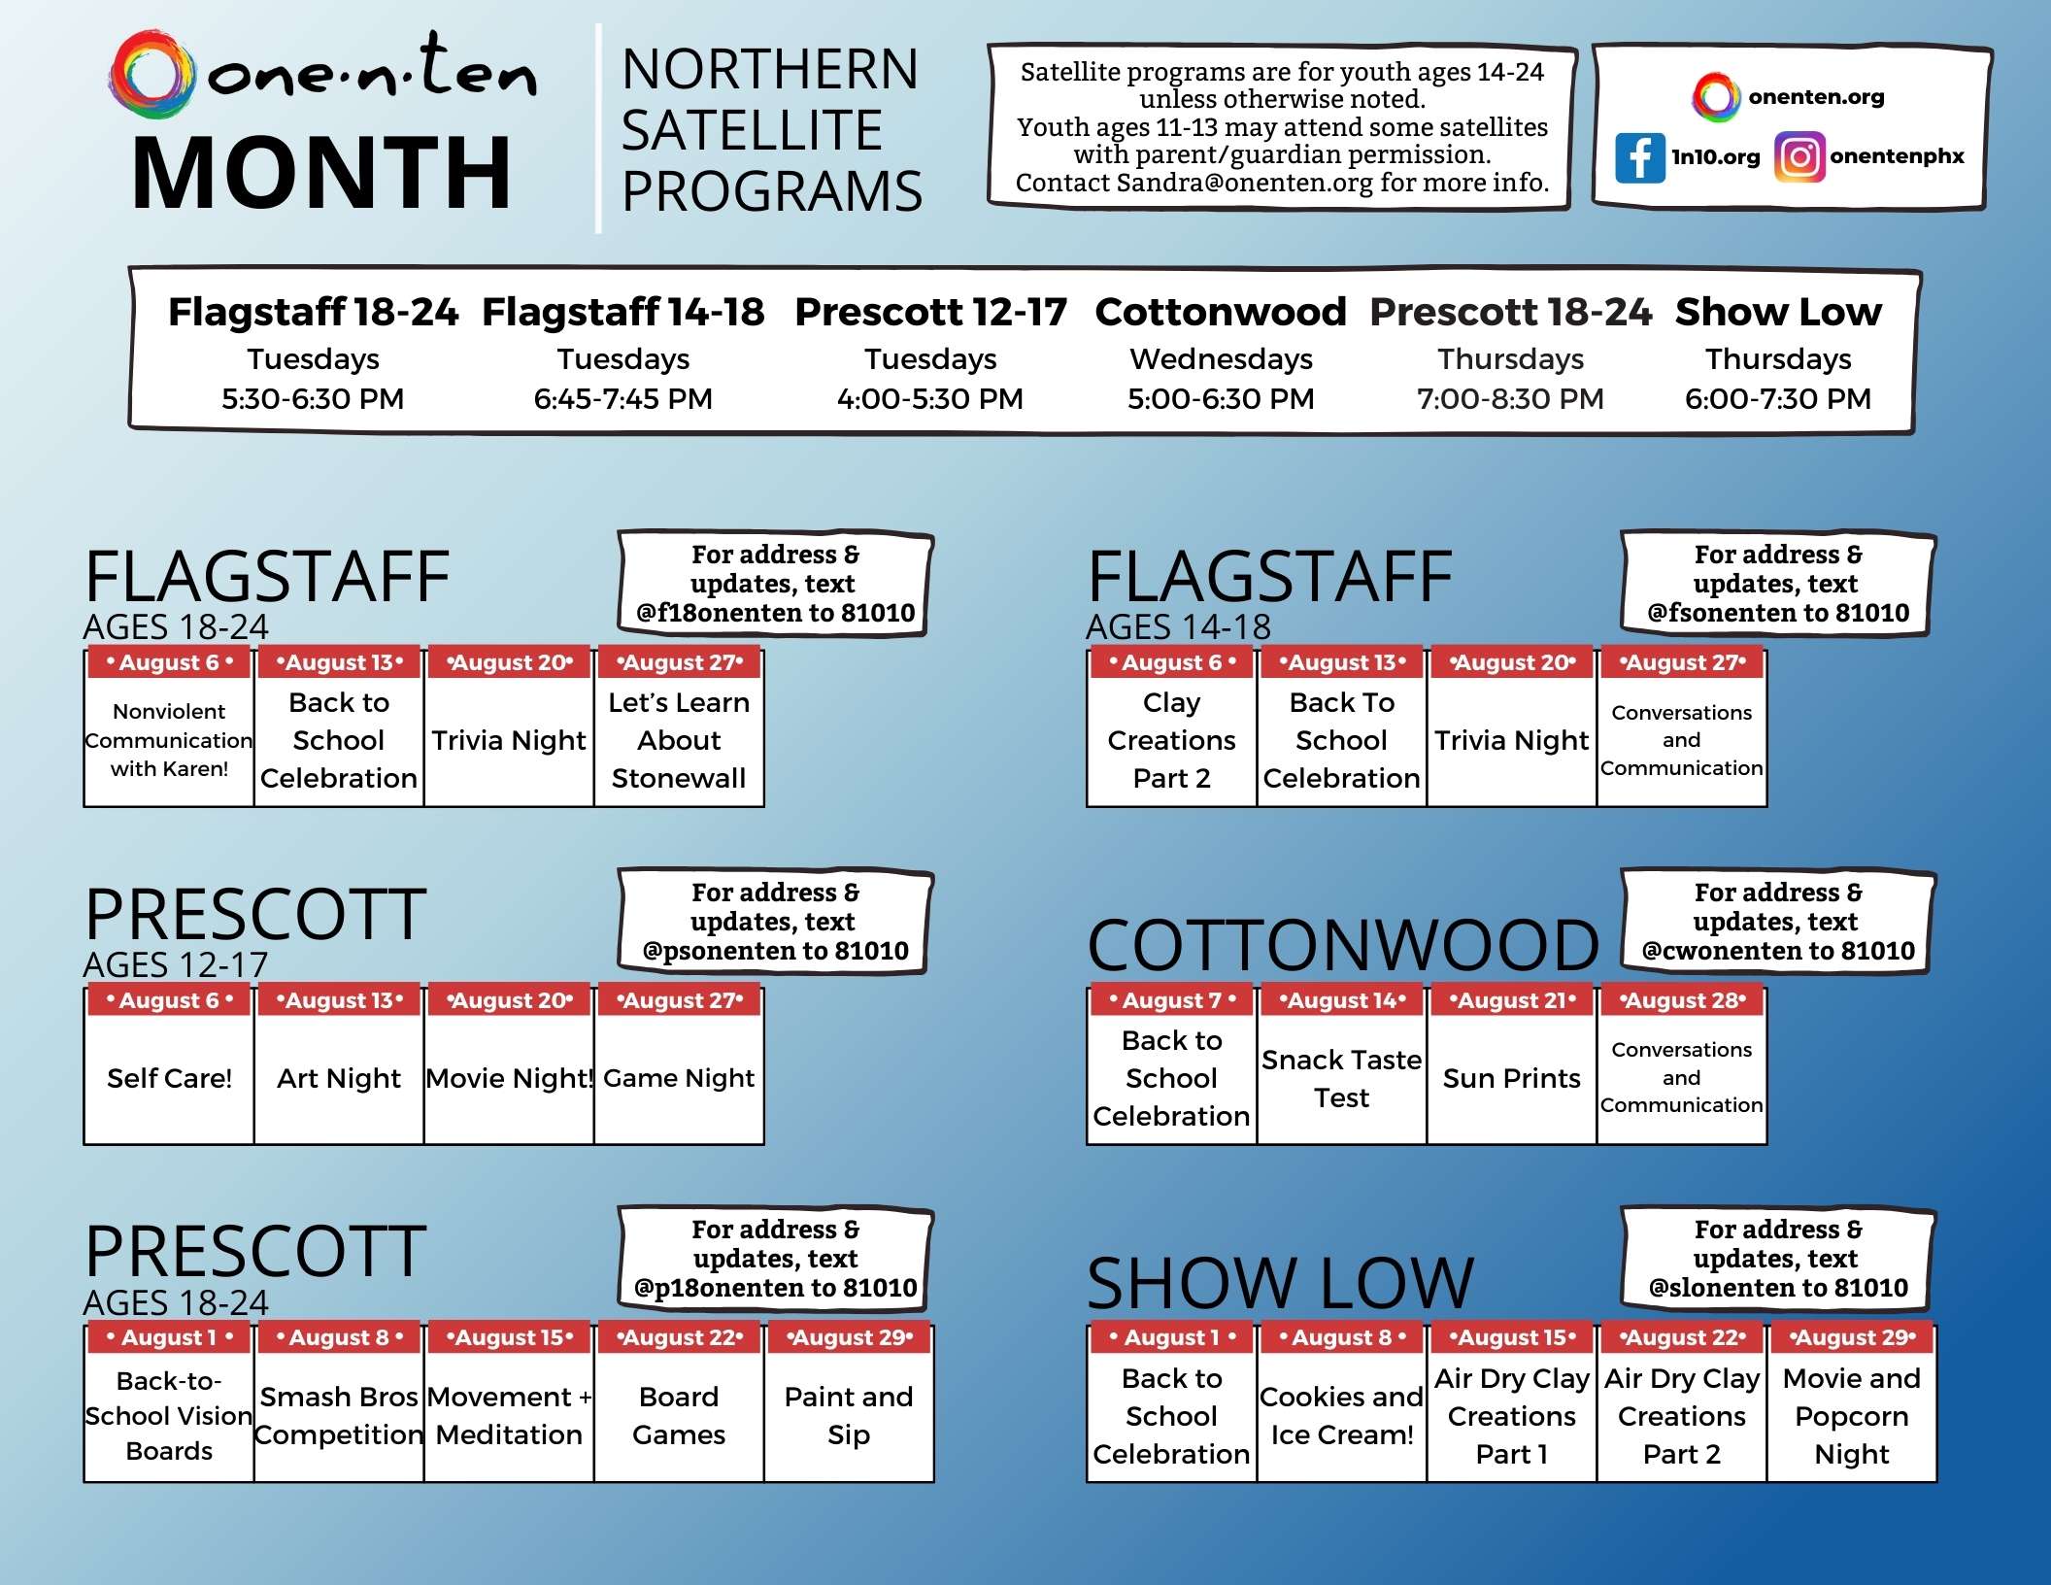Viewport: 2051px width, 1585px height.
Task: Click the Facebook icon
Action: (x=1639, y=157)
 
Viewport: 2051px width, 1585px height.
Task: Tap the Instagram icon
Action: (x=1799, y=157)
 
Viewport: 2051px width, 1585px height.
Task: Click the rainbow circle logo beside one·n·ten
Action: (x=151, y=75)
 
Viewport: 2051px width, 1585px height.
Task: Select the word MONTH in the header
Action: (x=321, y=174)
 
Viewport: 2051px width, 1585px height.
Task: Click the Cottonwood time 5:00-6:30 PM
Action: (x=1220, y=399)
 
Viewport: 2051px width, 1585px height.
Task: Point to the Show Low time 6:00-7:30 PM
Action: (x=1777, y=399)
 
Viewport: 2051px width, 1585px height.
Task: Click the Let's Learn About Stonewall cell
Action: (x=679, y=740)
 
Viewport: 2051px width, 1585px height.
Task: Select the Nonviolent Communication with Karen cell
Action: (x=169, y=740)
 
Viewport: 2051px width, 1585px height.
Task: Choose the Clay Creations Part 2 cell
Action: (x=1171, y=740)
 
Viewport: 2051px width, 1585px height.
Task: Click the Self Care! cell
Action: (x=169, y=1078)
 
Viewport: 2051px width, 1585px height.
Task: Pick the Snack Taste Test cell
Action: (x=1341, y=1078)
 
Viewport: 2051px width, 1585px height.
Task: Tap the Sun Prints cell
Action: (x=1511, y=1078)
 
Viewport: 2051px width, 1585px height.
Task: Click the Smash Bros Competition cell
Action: (x=339, y=1416)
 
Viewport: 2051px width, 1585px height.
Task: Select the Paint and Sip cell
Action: (x=849, y=1416)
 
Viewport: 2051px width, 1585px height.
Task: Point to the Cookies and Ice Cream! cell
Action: (x=1341, y=1416)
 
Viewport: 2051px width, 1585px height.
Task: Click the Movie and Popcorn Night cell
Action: (x=1851, y=1416)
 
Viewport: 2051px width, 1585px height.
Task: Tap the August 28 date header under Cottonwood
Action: (x=1681, y=1000)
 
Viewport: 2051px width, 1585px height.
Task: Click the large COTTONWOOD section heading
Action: (x=1343, y=945)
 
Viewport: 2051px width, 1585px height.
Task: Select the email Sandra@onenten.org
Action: (x=1244, y=183)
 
